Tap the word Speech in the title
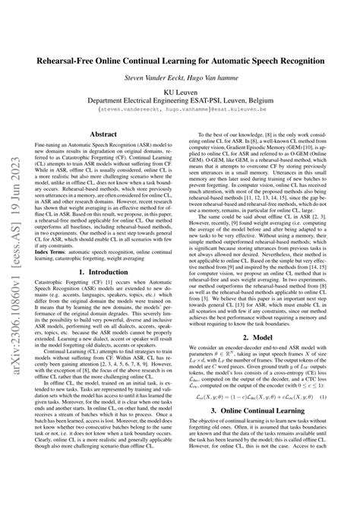[x=260, y=60]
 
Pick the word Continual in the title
[x=159, y=60]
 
